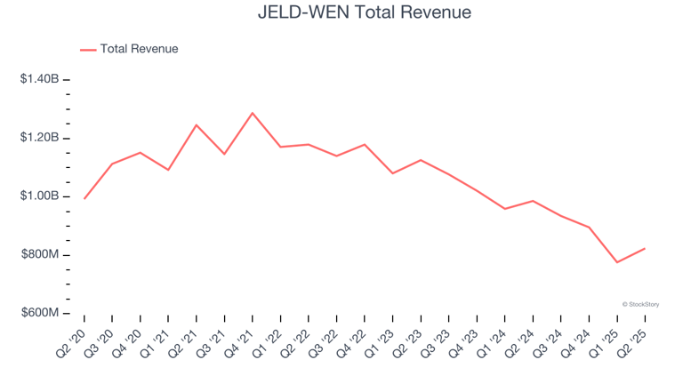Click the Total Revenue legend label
(139, 49)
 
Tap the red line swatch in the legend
(88, 50)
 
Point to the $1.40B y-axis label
(39, 79)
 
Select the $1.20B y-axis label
(39, 138)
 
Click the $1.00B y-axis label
(39, 196)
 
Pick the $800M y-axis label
(41, 255)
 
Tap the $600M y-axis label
(41, 314)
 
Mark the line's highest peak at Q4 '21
(253, 113)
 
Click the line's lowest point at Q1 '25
(616, 262)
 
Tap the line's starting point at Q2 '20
(84, 198)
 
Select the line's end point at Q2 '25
(644, 248)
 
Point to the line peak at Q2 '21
(197, 124)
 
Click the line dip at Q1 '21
(168, 170)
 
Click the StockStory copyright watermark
(640, 304)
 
